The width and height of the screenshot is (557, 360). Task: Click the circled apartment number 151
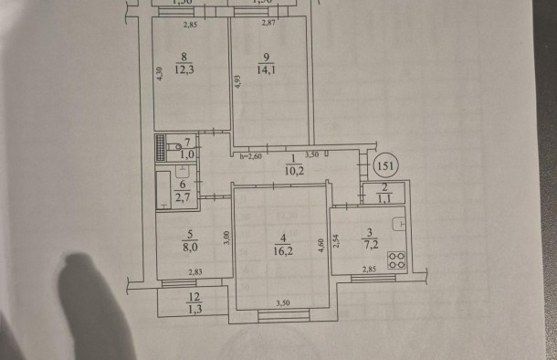point(387,166)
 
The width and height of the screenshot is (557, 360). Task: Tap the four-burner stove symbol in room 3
point(396,259)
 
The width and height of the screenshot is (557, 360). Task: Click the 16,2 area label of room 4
point(282,247)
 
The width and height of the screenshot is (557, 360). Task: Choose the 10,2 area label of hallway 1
point(291,169)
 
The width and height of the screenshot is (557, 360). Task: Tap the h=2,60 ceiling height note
point(250,157)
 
